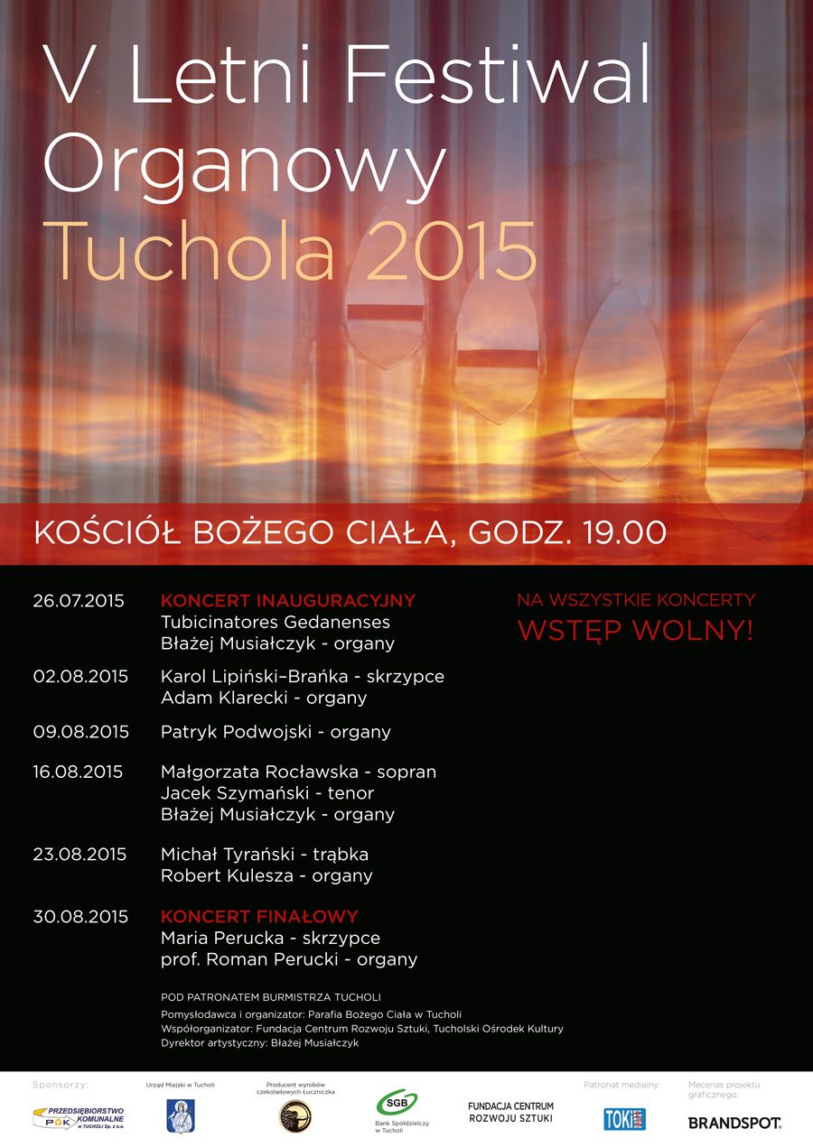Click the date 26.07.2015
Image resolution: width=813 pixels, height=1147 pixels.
click(79, 601)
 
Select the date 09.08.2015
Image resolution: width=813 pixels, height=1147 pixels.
click(81, 732)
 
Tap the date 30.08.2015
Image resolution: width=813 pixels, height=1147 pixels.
click(80, 917)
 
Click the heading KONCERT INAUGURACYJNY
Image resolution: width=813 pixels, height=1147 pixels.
click(287, 601)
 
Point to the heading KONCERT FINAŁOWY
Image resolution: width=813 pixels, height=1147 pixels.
click(259, 917)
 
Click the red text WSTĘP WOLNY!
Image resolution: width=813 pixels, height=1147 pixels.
click(635, 631)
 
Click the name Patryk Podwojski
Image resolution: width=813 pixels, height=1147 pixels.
click(235, 732)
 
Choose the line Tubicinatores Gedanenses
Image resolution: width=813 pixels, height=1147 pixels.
click(276, 623)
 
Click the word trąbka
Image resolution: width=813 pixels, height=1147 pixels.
click(341, 855)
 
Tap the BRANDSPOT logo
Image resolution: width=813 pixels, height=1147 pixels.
click(734, 1123)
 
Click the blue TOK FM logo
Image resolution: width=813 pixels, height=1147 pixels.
click(624, 1119)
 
